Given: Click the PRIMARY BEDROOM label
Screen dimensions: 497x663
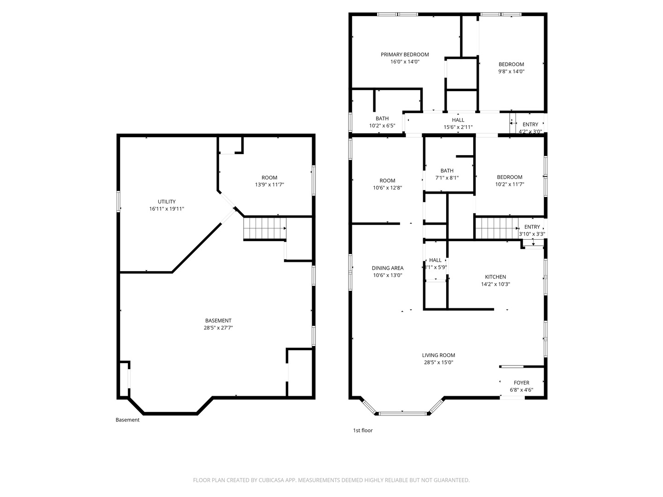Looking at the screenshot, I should click(x=405, y=54).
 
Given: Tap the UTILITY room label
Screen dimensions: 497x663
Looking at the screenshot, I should click(x=167, y=202).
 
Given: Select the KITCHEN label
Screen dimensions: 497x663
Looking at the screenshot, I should click(x=495, y=277).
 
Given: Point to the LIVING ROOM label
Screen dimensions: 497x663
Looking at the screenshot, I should click(x=438, y=355).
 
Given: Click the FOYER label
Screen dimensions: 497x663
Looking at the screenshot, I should click(x=521, y=383).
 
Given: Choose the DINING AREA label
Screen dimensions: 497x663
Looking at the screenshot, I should click(x=388, y=268).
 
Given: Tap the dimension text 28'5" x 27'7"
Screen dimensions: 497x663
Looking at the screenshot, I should click(x=218, y=328).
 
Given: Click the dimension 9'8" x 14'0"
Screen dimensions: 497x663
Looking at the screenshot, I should click(x=511, y=71).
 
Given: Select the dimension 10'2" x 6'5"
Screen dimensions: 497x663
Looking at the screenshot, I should click(x=382, y=126).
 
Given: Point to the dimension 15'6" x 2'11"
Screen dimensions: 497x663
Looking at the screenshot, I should click(x=458, y=127).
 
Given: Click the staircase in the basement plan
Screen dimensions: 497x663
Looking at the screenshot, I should click(x=265, y=228).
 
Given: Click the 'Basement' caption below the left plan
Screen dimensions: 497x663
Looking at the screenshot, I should click(x=127, y=420).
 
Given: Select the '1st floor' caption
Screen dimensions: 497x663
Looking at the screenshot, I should click(x=363, y=431).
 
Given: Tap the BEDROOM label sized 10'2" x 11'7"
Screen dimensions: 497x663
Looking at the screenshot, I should click(x=509, y=177).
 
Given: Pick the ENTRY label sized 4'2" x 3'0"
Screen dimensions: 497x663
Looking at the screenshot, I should click(x=530, y=125).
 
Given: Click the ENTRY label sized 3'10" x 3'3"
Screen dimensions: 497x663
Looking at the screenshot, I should click(x=532, y=227).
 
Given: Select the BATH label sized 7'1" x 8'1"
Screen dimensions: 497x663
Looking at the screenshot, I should click(x=447, y=171).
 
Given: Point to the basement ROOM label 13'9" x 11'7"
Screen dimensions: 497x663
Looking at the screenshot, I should click(x=269, y=178).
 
